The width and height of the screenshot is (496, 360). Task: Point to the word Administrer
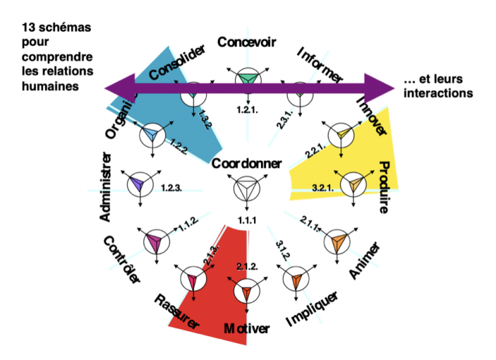click(x=106, y=186)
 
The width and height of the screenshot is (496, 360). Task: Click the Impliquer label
click(x=312, y=310)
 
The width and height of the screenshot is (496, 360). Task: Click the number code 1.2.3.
click(x=172, y=188)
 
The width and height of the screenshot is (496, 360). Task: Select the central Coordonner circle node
click(x=247, y=189)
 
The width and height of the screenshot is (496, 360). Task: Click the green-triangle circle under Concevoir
click(x=247, y=79)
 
